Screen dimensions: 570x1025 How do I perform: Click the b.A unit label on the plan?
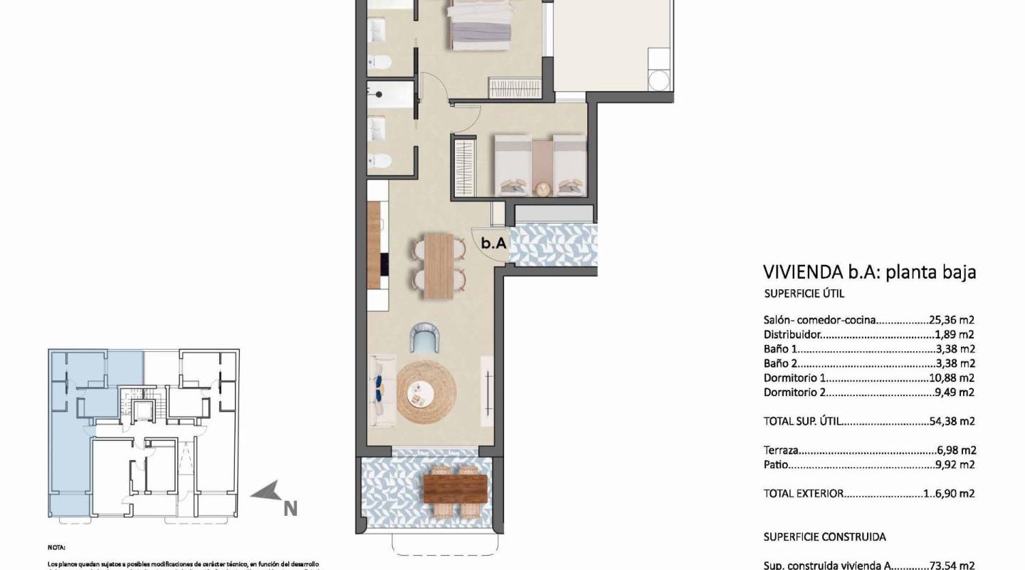[493, 243]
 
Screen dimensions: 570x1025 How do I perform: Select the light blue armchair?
[425, 338]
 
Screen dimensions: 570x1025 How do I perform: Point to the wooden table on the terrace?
[456, 489]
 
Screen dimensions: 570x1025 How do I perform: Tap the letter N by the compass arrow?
[290, 509]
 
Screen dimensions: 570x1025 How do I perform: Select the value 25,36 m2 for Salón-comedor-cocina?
[952, 321]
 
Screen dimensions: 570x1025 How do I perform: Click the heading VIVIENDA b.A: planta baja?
[868, 271]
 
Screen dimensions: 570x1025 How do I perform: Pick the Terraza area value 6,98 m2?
[956, 450]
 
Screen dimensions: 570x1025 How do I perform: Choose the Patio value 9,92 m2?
[956, 465]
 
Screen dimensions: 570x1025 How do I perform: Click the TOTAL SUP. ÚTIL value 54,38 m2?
[952, 421]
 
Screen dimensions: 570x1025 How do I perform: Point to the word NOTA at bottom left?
[56, 548]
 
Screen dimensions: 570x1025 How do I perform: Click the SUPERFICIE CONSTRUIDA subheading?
[824, 537]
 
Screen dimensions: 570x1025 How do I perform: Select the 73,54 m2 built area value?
[952, 565]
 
